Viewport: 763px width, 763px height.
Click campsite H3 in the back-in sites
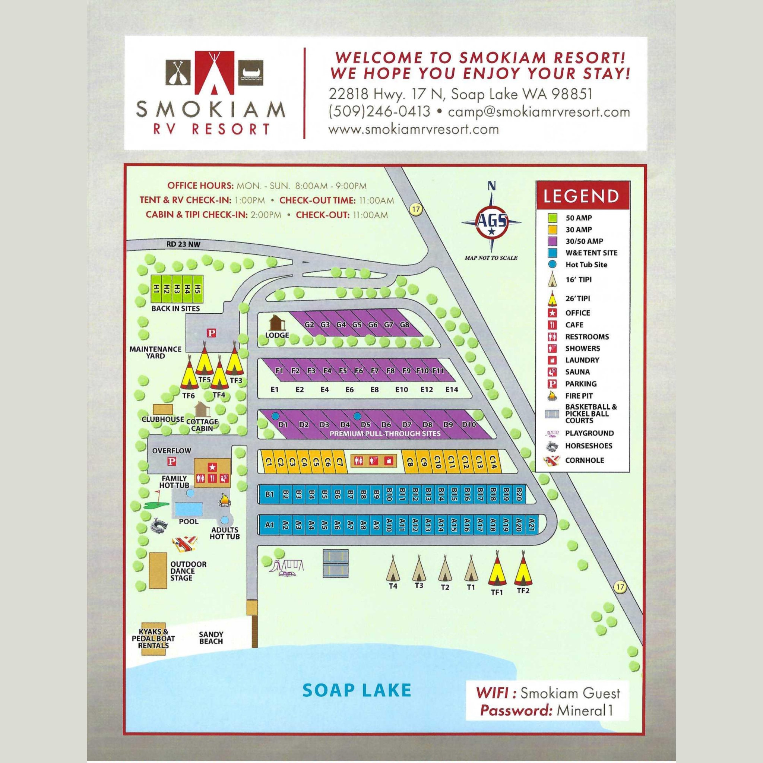(x=177, y=289)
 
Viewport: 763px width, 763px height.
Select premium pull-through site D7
(x=406, y=425)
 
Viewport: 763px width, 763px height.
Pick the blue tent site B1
(x=270, y=494)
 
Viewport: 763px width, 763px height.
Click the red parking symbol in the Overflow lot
(x=172, y=461)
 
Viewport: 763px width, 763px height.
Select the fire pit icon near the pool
(x=224, y=500)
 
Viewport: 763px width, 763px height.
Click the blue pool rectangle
(x=189, y=508)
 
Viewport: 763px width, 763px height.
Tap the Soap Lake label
(x=357, y=690)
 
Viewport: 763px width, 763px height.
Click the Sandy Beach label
(x=211, y=638)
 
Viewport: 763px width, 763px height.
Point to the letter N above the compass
(x=491, y=186)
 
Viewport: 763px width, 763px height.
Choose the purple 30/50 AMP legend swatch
(x=552, y=241)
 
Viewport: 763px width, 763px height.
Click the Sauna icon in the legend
(x=552, y=371)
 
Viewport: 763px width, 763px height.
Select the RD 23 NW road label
(x=183, y=244)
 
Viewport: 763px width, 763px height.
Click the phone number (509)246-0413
(x=379, y=112)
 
